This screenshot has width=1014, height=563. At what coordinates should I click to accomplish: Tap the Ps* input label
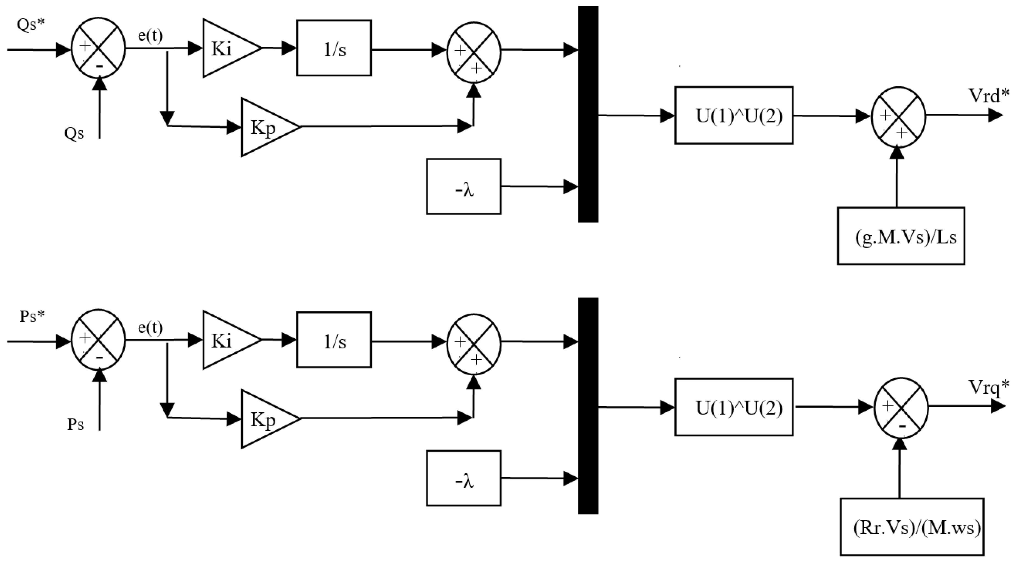32,316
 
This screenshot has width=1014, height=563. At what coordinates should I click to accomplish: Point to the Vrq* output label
989,387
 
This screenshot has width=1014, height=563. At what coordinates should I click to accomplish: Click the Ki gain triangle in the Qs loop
226,48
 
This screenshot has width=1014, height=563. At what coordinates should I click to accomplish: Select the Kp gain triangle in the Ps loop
266,419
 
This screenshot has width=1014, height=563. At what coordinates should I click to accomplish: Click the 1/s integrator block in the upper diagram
334,48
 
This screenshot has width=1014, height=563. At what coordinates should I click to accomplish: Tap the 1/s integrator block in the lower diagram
334,340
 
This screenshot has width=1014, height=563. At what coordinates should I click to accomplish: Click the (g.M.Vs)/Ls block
901,236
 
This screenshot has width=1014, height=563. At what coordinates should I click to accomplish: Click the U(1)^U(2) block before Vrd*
733,115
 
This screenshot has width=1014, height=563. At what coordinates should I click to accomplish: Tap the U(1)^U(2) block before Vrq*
733,407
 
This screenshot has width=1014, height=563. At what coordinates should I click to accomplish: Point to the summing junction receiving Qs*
98,48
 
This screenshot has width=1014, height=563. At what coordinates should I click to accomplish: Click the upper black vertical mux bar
588,114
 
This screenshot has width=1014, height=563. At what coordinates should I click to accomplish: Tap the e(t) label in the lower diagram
150,327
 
